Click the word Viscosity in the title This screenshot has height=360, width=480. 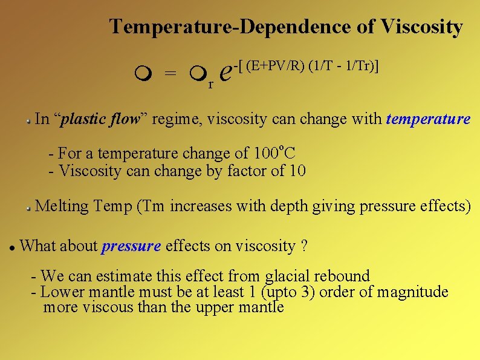point(421,27)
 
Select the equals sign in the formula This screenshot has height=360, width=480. point(171,74)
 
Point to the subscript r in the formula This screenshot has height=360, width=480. point(210,85)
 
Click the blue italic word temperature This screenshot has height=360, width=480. point(427,119)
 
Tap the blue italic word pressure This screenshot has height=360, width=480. point(131,246)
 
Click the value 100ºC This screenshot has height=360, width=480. point(270,153)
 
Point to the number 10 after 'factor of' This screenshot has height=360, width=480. point(297,171)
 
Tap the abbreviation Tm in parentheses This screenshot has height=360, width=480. point(154,206)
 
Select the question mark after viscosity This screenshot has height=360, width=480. point(303,246)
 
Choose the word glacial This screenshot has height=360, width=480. point(287,277)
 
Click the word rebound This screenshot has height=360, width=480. point(340,277)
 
